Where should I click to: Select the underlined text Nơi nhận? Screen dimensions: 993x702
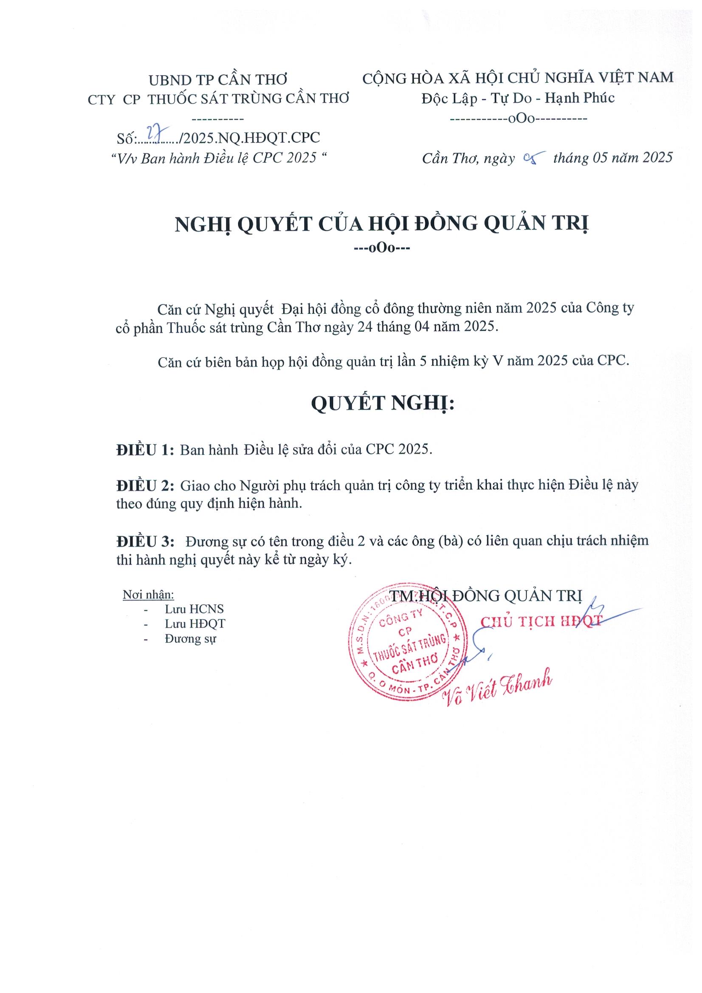pyautogui.click(x=148, y=595)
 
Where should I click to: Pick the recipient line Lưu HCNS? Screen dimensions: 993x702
pyautogui.click(x=194, y=609)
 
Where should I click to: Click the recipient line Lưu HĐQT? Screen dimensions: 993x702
pyautogui.click(x=195, y=623)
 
